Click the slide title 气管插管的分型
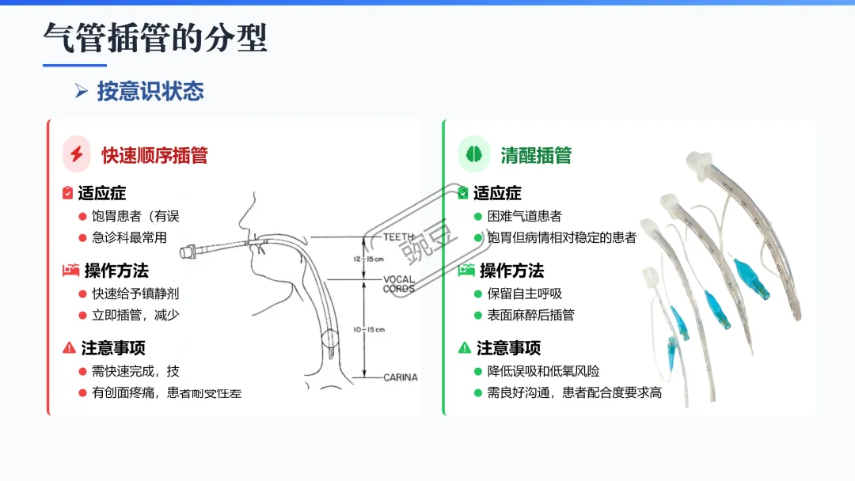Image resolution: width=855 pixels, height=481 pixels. (155, 38)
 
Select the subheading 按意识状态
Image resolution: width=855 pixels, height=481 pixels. (150, 91)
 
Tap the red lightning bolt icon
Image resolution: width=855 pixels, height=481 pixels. (77, 154)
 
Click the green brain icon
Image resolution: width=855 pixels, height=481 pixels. (474, 154)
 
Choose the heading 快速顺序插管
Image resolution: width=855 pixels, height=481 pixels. (154, 155)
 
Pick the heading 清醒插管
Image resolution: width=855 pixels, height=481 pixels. (536, 155)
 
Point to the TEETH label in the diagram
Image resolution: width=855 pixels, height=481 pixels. (399, 237)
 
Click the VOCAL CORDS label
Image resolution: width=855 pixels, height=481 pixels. (399, 284)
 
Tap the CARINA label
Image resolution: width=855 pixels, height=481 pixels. (400, 377)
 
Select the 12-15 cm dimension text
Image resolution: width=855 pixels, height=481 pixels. (367, 259)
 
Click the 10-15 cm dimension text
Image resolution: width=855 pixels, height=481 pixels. (368, 329)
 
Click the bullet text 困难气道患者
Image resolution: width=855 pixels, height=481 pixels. (524, 216)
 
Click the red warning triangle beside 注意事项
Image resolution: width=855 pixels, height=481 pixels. (70, 348)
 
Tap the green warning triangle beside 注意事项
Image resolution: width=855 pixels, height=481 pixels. (465, 348)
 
